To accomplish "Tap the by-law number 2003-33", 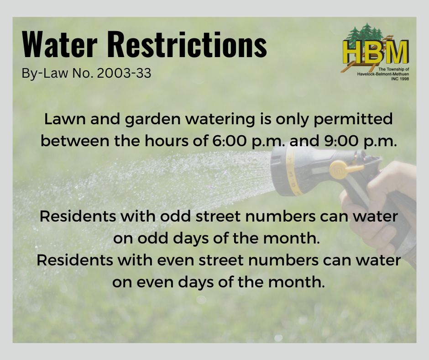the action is [x=124, y=73].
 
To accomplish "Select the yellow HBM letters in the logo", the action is [x=375, y=52].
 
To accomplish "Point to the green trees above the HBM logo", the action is [x=365, y=33].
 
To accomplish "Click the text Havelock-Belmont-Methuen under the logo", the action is [x=383, y=74].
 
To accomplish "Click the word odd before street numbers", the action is [x=175, y=216].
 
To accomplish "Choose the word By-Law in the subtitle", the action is [x=45, y=74].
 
